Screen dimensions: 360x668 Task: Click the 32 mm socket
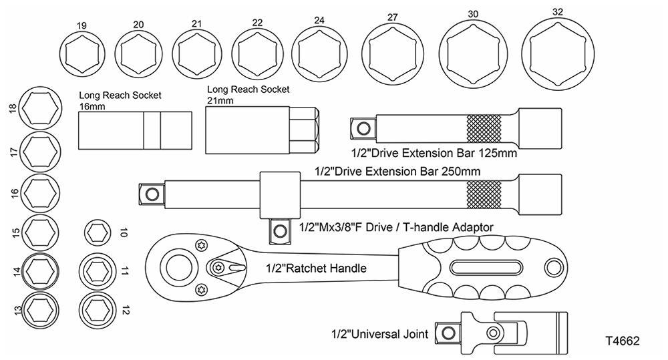coord(563,54)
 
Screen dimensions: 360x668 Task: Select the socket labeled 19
coord(82,55)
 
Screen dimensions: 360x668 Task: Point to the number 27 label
coord(392,17)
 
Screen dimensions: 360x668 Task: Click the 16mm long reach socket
coord(136,130)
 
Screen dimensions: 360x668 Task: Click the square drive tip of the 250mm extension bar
coord(152,194)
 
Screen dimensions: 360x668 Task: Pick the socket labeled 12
coord(98,309)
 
